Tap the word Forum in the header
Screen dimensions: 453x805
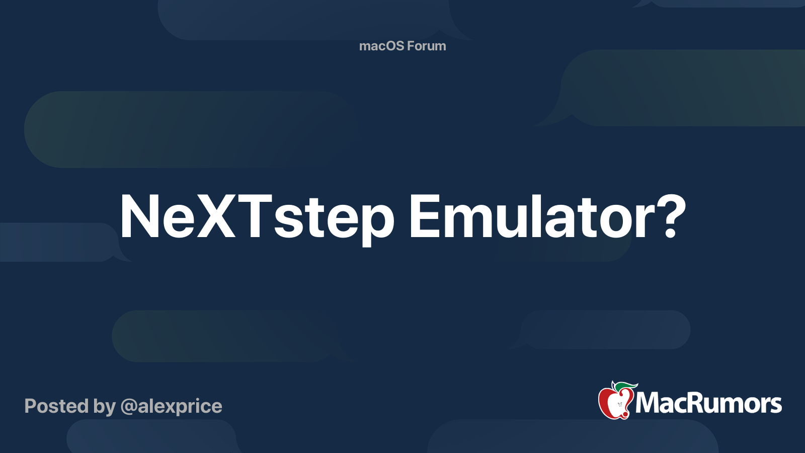[426, 46]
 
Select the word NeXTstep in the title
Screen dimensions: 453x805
[257, 217]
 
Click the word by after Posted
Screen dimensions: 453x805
[104, 407]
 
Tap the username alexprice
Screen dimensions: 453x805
[180, 406]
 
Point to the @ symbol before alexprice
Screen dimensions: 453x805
[128, 407]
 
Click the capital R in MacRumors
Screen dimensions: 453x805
[698, 403]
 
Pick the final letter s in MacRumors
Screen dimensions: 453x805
[775, 405]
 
